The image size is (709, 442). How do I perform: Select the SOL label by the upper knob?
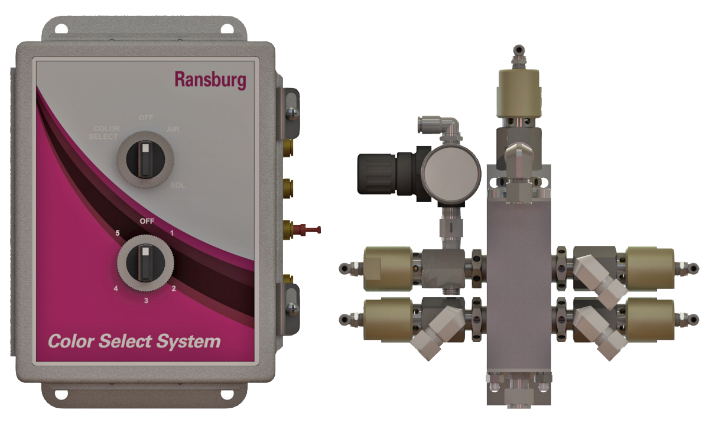(177, 186)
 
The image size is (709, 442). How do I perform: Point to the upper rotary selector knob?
(144, 159)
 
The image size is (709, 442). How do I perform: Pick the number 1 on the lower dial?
(171, 233)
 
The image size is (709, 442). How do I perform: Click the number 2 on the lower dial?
(174, 288)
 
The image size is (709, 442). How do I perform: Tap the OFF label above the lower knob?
(147, 221)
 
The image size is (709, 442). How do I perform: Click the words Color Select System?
(134, 342)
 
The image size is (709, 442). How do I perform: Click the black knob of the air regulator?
(378, 173)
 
